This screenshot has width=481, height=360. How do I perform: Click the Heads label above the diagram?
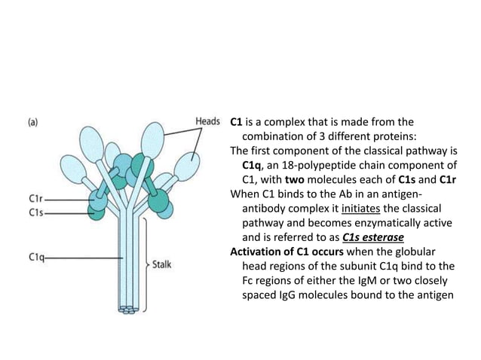[x=207, y=121]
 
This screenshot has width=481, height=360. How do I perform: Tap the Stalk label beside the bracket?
[x=166, y=265]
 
